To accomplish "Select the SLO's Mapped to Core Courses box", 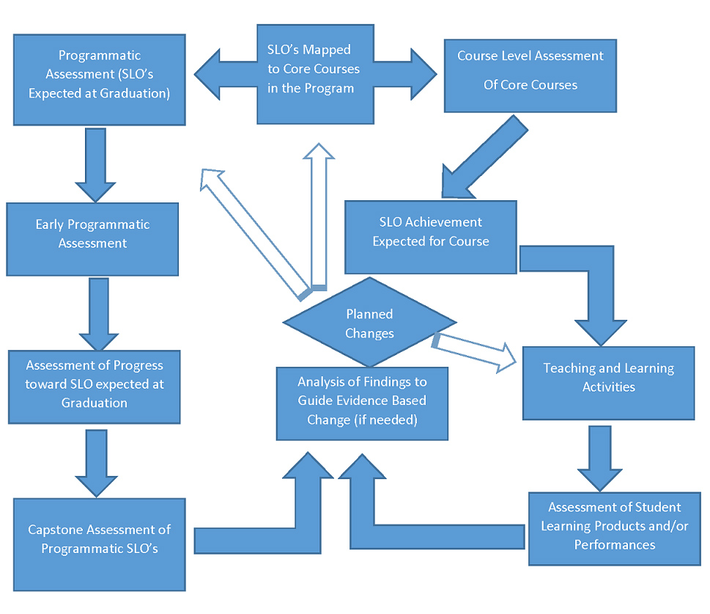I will pos(308,73).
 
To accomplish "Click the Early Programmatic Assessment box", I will pos(92,239).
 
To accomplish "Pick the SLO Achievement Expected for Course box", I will pos(430,237).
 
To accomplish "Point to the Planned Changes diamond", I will pos(369,323).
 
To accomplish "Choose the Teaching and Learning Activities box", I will pos(608,383).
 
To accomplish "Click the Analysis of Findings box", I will pos(362,403).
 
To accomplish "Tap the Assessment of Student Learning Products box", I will pos(614,528).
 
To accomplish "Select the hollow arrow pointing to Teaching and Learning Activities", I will pos(476,351).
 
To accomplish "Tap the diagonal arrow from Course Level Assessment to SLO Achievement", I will pos(484,158).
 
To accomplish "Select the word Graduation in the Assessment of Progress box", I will pos(94,403).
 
